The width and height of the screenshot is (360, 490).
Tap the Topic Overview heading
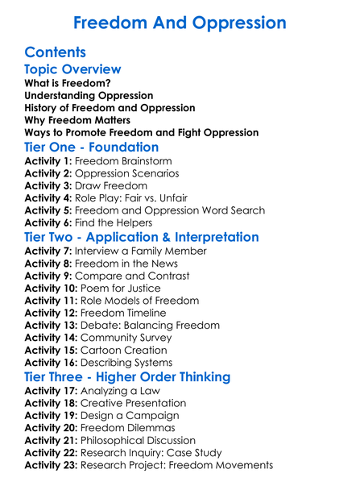tap(73, 70)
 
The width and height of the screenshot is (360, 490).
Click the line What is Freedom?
tap(68, 83)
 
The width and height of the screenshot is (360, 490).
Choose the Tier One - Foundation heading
tap(92, 147)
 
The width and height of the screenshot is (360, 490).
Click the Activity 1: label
tap(48, 161)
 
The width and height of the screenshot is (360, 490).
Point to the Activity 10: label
tap(51, 288)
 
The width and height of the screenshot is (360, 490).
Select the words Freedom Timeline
tap(127, 313)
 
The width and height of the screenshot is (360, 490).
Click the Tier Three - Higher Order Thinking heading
tap(128, 376)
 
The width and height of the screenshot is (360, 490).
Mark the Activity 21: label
tap(51, 440)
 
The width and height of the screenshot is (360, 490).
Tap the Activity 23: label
tap(51, 465)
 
